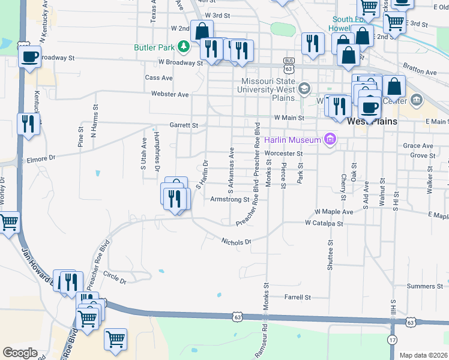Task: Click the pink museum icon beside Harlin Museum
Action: pos(329,140)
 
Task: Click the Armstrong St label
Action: pos(229,199)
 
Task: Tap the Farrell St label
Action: pos(298,297)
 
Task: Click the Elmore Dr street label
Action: pos(41,159)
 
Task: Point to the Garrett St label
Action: pos(183,125)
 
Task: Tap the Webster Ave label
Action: pos(170,95)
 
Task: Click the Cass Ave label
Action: pos(159,78)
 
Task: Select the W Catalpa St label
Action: pos(324,223)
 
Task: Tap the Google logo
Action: pos(19,353)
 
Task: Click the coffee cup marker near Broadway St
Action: pos(29,58)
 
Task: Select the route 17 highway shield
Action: pos(392,340)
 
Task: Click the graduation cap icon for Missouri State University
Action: pos(304,89)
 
